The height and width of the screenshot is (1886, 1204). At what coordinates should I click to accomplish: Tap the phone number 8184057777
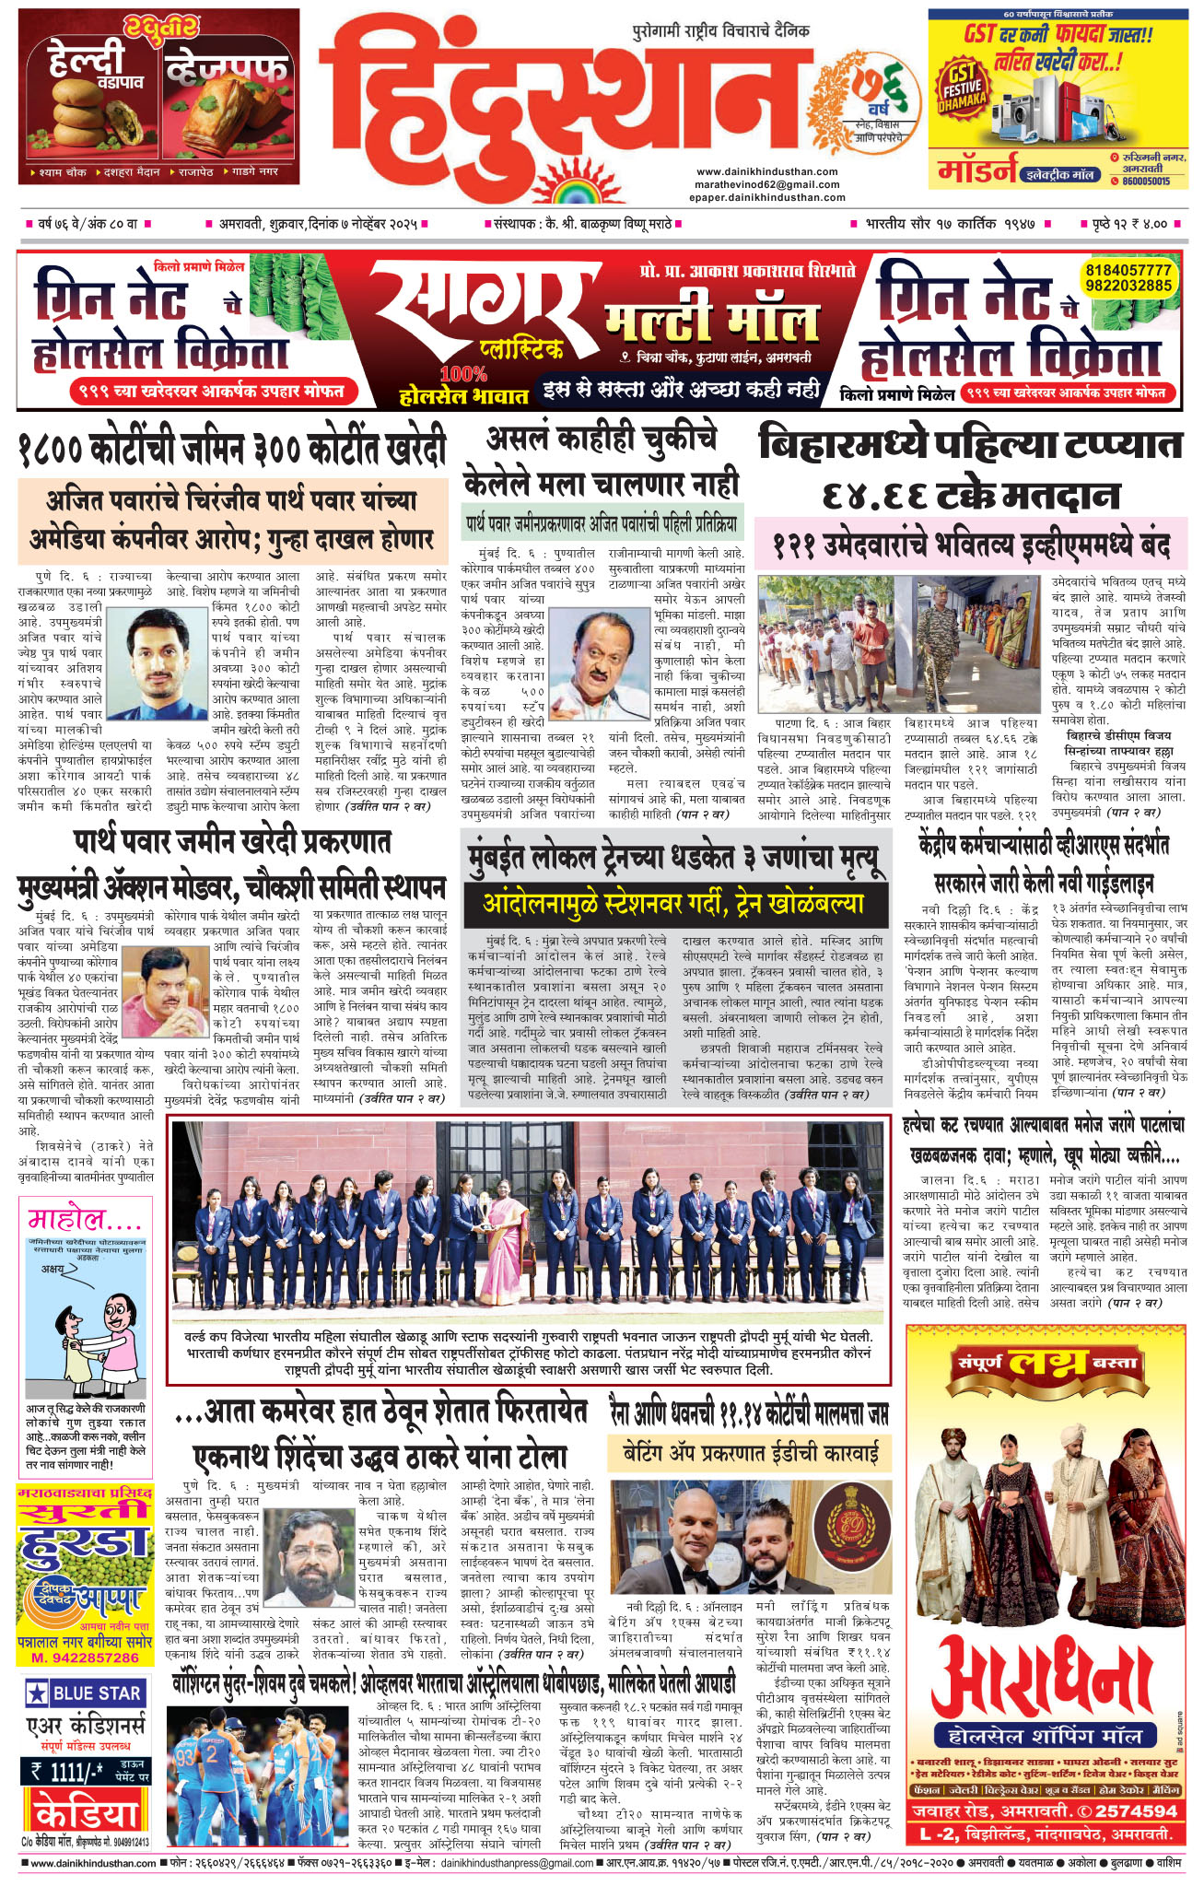pyautogui.click(x=1128, y=270)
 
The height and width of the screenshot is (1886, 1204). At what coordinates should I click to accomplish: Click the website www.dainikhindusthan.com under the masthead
pyautogui.click(x=766, y=171)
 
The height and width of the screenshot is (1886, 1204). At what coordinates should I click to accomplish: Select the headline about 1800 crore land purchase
pyautogui.click(x=231, y=450)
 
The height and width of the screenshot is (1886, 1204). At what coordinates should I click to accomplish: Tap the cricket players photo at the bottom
pyautogui.click(x=259, y=1777)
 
